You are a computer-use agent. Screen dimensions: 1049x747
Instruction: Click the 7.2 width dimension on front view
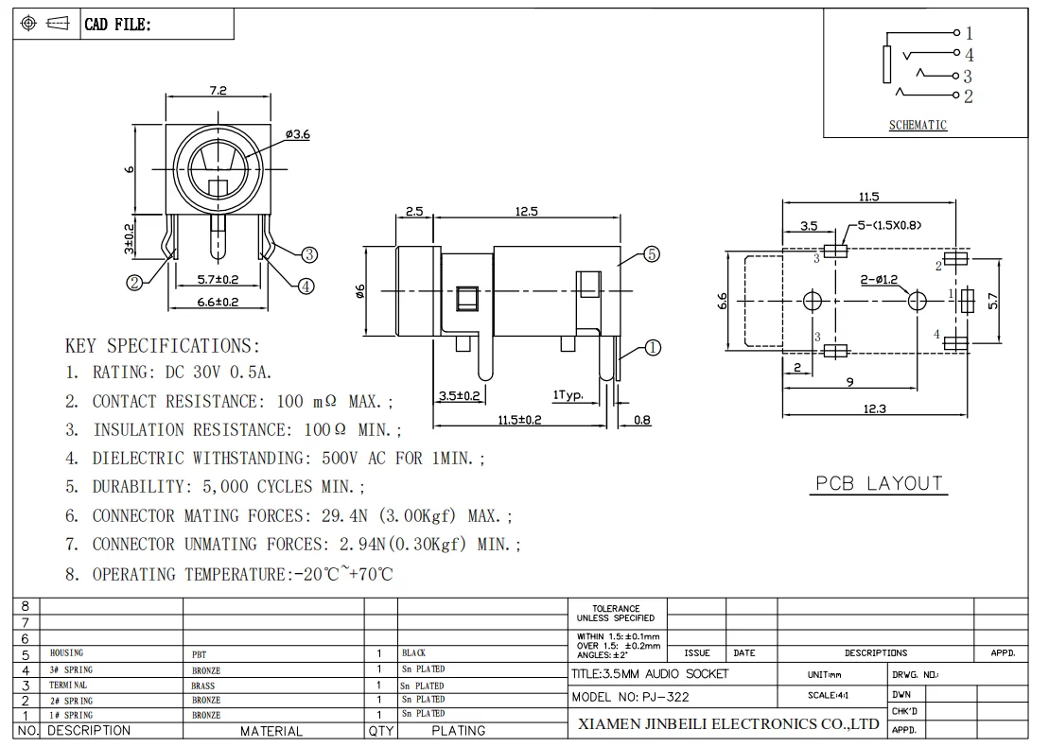tap(219, 90)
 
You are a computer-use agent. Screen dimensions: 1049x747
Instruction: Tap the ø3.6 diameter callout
tap(298, 134)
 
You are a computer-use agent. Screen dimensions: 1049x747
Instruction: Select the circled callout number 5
tap(652, 254)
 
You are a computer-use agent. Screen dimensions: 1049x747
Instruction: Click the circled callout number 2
tap(134, 283)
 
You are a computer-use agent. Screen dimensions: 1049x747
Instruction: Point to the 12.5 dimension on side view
tap(527, 211)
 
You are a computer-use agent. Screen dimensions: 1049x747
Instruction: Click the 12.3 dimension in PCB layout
tap(874, 408)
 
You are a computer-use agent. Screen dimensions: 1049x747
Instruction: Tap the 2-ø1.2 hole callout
tap(879, 280)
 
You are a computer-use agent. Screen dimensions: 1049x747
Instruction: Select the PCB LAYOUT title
tap(879, 483)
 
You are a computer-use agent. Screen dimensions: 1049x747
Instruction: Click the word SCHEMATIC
tap(918, 125)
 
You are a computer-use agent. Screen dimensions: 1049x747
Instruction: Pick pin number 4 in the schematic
tap(970, 54)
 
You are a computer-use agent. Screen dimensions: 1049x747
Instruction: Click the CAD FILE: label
tap(117, 25)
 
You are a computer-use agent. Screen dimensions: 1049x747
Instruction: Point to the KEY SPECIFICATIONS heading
tap(163, 346)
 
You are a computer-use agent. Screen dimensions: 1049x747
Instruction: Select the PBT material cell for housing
tap(200, 654)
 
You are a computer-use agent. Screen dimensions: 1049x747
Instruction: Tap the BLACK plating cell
tap(413, 652)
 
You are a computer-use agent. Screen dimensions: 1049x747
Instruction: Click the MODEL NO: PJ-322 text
tap(630, 697)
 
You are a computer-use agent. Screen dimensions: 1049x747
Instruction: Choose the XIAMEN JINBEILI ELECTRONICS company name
tap(728, 723)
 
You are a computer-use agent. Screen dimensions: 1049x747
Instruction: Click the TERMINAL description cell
tap(68, 685)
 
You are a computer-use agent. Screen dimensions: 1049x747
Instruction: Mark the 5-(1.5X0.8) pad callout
tap(890, 225)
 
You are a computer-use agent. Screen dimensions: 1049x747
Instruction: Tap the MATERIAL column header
tap(271, 731)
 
